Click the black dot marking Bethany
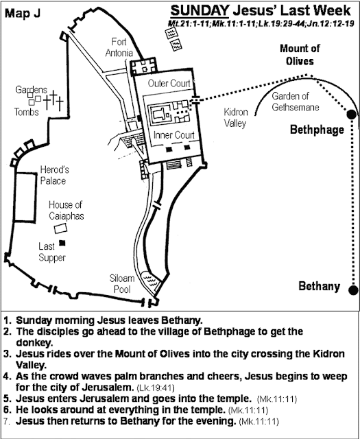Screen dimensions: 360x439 click(353, 289)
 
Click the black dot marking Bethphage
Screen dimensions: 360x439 click(352, 115)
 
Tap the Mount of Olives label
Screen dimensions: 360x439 click(300, 55)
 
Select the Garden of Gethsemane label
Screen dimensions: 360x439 click(296, 102)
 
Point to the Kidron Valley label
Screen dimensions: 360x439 click(235, 117)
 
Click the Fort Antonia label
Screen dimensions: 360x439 click(119, 47)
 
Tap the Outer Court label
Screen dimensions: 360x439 click(169, 84)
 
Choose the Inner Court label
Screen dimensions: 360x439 click(174, 135)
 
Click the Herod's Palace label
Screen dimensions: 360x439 click(54, 175)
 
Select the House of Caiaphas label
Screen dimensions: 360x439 click(66, 210)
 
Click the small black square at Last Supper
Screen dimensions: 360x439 click(62, 243)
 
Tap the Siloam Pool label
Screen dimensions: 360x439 click(122, 283)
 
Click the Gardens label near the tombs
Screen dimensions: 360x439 click(31, 90)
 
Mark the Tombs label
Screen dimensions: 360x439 click(26, 112)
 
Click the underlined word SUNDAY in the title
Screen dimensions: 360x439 click(200, 11)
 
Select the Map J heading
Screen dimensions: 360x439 click(23, 13)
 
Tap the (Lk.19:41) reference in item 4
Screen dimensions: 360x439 click(156, 388)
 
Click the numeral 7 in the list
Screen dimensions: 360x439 click(7, 421)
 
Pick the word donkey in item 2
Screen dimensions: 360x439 click(34, 343)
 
